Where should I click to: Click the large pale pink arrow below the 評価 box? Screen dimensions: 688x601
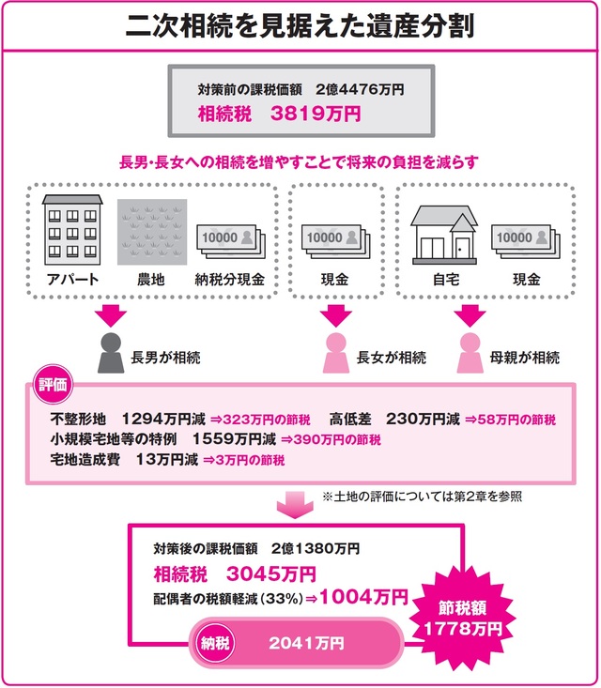pos(300,508)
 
